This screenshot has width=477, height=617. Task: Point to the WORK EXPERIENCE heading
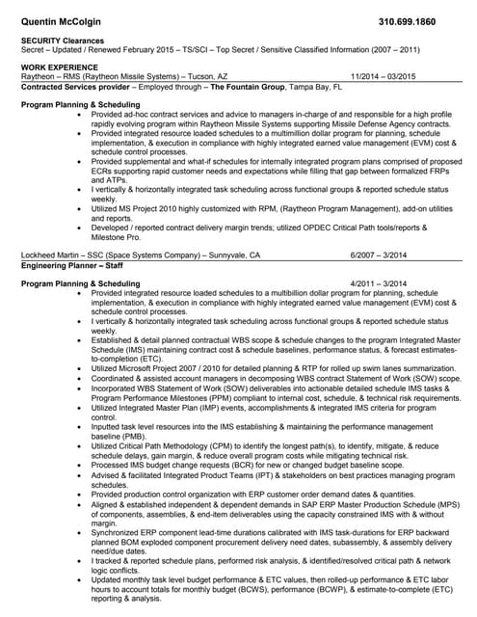coord(59,67)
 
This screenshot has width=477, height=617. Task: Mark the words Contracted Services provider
coord(74,85)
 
